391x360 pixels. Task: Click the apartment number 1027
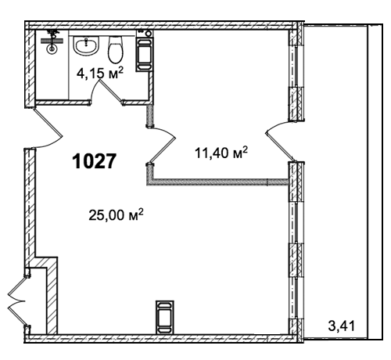(x=94, y=161)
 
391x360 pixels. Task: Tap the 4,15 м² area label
(x=99, y=74)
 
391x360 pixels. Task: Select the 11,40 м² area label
(x=221, y=153)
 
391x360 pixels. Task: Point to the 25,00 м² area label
(x=117, y=214)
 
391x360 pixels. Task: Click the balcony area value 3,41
(x=342, y=326)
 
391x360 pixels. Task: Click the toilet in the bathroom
(x=116, y=49)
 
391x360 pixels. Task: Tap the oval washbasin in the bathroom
(x=86, y=45)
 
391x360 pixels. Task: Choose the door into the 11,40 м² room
(x=163, y=146)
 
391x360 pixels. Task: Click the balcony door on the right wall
(x=280, y=141)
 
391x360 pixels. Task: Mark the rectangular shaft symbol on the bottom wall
(x=165, y=317)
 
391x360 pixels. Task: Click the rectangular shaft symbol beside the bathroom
(x=144, y=54)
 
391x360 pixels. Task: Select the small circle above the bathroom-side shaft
(x=149, y=34)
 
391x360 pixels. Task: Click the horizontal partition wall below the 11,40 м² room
(x=217, y=182)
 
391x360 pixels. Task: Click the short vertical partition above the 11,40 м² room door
(x=149, y=115)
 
